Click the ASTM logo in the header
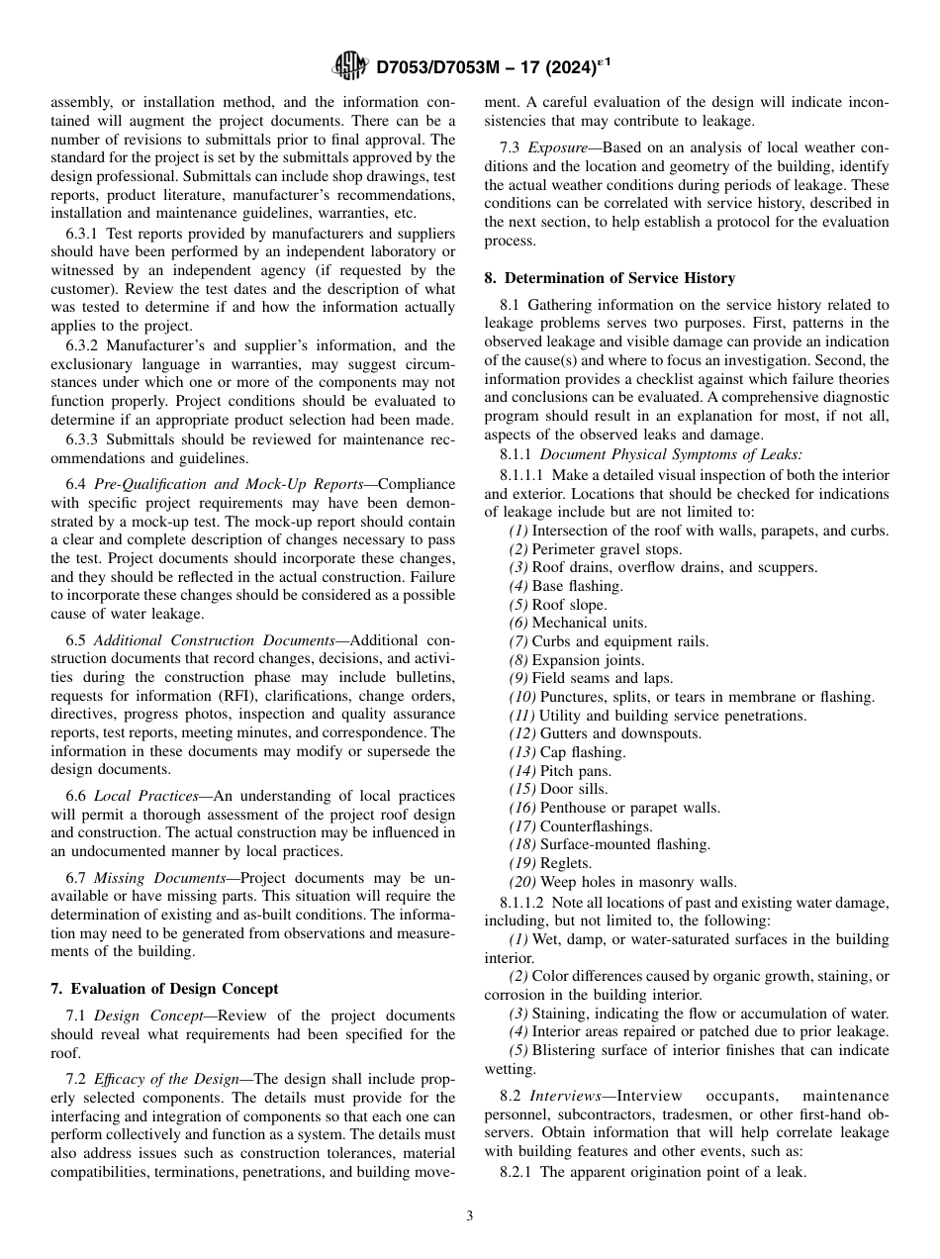[350, 68]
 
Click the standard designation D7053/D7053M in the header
[449, 68]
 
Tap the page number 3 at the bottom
[470, 1216]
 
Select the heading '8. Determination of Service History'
[610, 279]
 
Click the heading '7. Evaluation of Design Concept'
[164, 989]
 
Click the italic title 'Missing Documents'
[150, 878]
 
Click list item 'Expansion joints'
[588, 660]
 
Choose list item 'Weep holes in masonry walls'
[634, 882]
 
